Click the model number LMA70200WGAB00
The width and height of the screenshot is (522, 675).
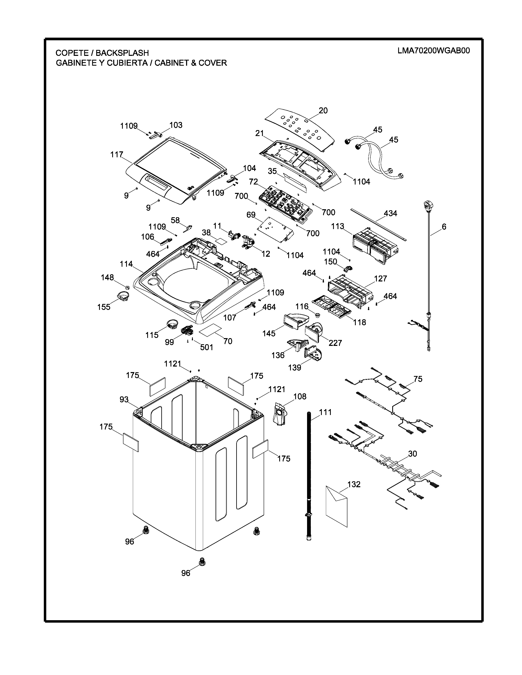pyautogui.click(x=434, y=51)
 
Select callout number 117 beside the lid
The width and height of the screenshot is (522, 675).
pyautogui.click(x=117, y=154)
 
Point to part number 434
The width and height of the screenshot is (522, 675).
pyautogui.click(x=390, y=213)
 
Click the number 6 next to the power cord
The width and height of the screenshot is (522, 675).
pyautogui.click(x=444, y=227)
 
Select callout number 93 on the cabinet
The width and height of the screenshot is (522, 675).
pyautogui.click(x=124, y=400)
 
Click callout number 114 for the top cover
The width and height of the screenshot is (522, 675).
pyautogui.click(x=126, y=264)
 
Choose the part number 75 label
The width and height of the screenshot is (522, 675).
pyautogui.click(x=418, y=379)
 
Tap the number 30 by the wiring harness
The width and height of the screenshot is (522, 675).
pyautogui.click(x=412, y=454)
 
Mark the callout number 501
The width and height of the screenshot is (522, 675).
pyautogui.click(x=207, y=347)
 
